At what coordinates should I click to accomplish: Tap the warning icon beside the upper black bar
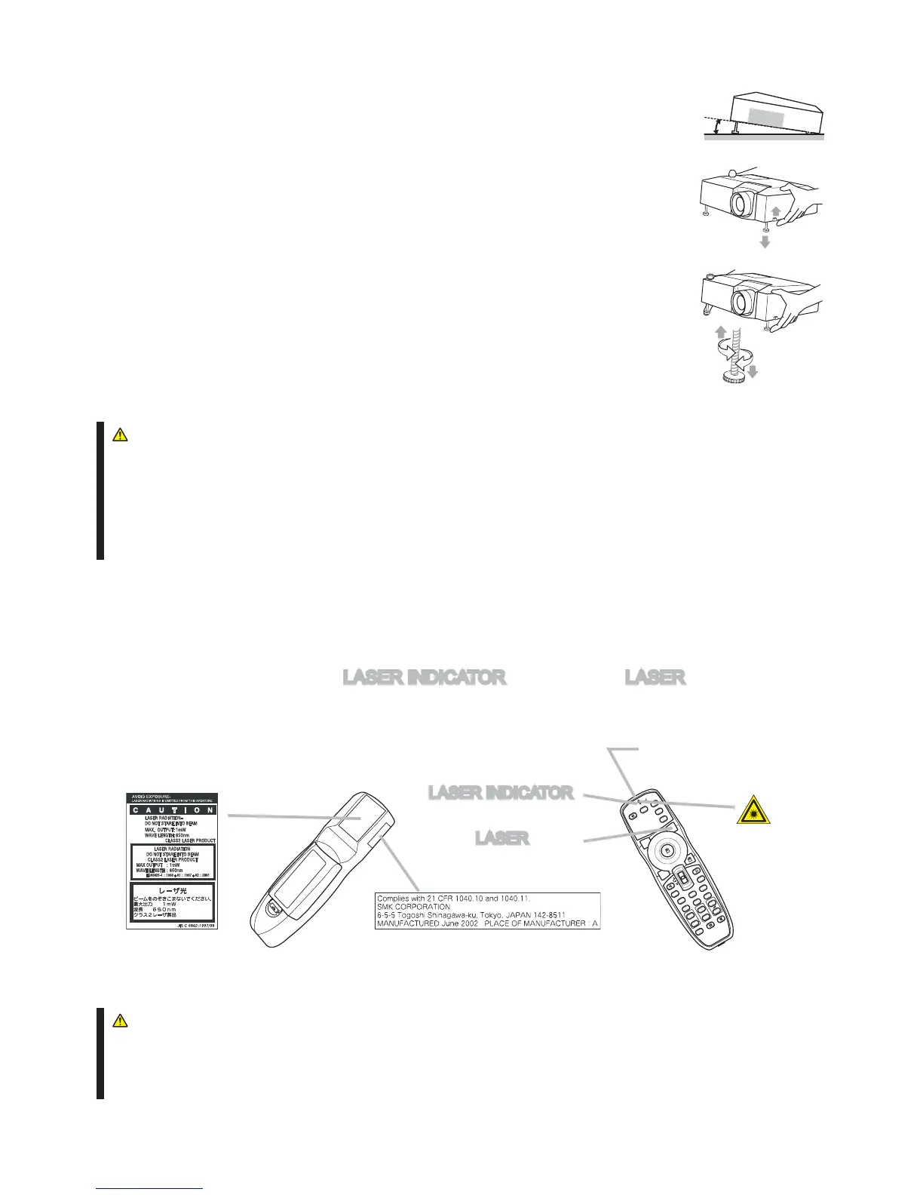(x=118, y=435)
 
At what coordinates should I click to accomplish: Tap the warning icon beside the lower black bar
(x=118, y=1021)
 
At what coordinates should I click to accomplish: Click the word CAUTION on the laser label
(x=172, y=810)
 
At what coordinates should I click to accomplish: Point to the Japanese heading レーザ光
(x=173, y=890)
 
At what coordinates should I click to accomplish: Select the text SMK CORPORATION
(x=413, y=907)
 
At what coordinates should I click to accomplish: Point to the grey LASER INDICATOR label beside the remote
(x=501, y=793)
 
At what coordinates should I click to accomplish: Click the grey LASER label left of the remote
(x=501, y=838)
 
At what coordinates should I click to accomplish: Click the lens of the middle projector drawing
(x=742, y=202)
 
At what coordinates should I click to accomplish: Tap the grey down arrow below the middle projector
(x=765, y=242)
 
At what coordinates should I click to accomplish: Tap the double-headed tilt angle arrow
(x=716, y=126)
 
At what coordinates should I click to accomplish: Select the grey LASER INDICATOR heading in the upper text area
(x=424, y=677)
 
